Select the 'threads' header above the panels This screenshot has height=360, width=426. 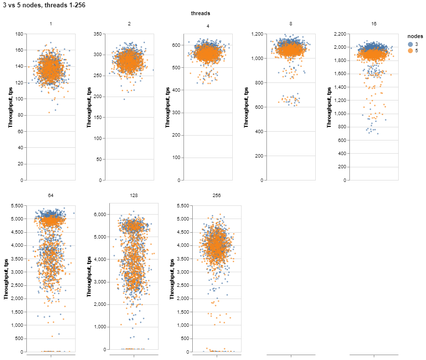(200, 14)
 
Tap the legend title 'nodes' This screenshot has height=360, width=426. (415, 36)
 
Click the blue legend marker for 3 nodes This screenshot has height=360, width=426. (410, 44)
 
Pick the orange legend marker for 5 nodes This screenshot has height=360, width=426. (410, 50)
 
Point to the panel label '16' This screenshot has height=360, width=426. (374, 23)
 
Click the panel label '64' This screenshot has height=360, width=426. (51, 195)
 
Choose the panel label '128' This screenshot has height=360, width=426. (134, 195)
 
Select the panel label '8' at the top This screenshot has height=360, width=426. (291, 23)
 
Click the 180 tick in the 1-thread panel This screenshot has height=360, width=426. (19, 34)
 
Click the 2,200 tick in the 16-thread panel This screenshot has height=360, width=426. (339, 34)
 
